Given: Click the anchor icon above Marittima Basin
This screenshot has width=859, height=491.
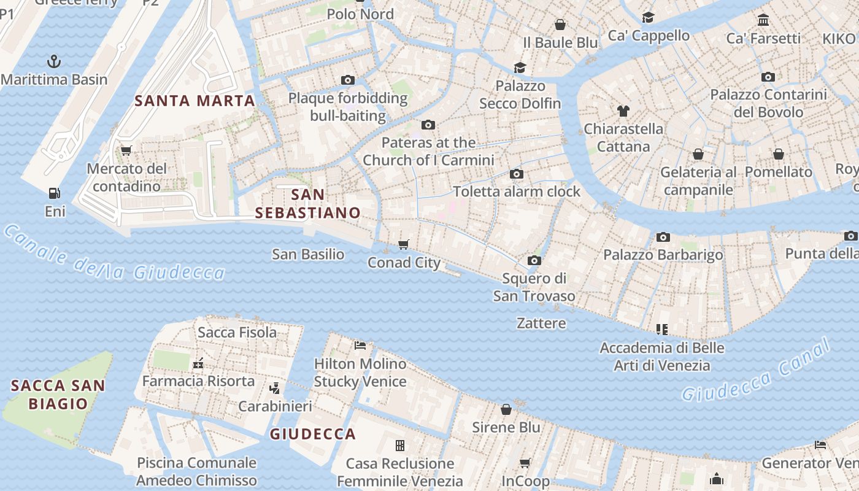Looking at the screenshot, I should click(x=54, y=61).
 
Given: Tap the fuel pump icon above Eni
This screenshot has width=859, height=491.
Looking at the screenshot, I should click(x=55, y=193).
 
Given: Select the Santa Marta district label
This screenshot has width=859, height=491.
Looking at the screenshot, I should click(x=195, y=101).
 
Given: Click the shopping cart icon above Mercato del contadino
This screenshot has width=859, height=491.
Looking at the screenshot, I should click(x=126, y=150).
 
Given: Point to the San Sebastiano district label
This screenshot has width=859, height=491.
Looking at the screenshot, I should click(x=308, y=204).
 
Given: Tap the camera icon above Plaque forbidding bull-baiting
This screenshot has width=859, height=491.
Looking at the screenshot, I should click(x=348, y=80).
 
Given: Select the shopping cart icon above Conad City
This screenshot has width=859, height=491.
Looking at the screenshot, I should click(x=404, y=245).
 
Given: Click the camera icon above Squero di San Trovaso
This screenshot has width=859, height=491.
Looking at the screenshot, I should click(x=534, y=260).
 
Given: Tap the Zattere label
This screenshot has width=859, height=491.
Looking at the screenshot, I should click(x=541, y=323).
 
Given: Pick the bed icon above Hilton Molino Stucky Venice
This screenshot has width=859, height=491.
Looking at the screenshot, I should click(x=360, y=346).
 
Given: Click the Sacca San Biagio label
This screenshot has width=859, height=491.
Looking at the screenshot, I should click(x=58, y=395).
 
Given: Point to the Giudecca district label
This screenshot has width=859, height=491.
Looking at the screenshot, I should click(x=313, y=434).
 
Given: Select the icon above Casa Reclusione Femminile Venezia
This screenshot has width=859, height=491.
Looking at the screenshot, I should click(x=400, y=445).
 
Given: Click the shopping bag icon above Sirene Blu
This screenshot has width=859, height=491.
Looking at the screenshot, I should click(x=506, y=409).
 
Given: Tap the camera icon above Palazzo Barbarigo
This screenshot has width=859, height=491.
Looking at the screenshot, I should click(x=663, y=237).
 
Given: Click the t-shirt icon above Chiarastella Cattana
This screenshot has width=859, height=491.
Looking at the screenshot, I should click(x=623, y=111).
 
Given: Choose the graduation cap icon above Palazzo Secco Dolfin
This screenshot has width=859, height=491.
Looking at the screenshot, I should click(x=520, y=68).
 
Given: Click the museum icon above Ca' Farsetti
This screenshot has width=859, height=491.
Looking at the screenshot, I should click(x=763, y=20).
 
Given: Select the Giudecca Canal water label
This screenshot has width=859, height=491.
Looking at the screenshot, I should click(x=756, y=370).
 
